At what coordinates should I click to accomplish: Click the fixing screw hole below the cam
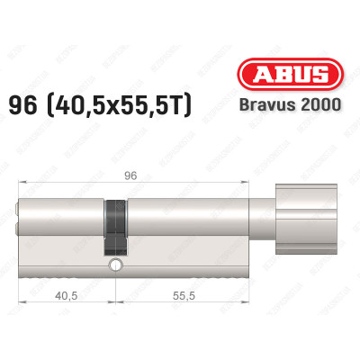pos(115,265)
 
